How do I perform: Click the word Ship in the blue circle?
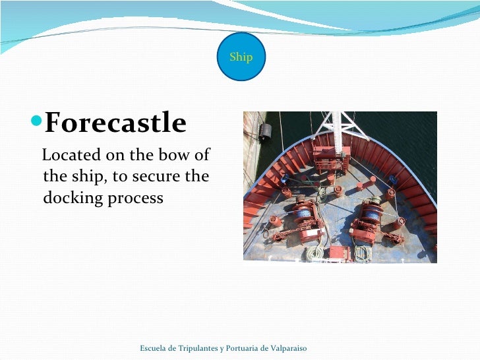[241, 57]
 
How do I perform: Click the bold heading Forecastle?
[115, 123]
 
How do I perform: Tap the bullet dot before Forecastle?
[38, 122]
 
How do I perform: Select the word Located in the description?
[69, 156]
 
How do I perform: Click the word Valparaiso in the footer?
[285, 348]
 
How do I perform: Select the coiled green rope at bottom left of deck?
[316, 252]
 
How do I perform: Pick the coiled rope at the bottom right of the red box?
[362, 253]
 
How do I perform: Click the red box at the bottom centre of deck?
[339, 252]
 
